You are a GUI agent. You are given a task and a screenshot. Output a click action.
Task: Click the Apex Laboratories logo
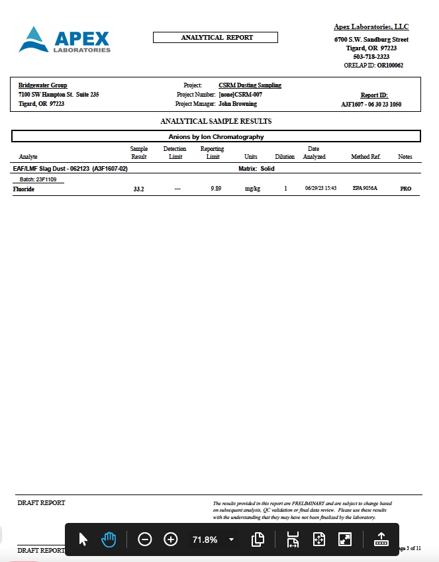coord(65,40)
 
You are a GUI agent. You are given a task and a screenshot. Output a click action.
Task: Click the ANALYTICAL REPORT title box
coord(217,37)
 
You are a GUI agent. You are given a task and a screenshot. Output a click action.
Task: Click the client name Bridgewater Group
coord(42,85)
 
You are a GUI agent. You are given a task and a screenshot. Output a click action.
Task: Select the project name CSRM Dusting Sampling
coord(250,85)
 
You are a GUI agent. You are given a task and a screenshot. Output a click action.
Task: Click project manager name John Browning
coord(238,104)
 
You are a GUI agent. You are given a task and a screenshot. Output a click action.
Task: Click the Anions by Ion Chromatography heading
coord(217,136)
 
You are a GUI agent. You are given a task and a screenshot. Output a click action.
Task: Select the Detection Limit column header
coord(175,153)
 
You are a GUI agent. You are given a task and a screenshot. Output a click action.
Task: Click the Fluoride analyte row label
coord(24,189)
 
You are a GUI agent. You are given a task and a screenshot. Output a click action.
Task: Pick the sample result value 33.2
coord(139,189)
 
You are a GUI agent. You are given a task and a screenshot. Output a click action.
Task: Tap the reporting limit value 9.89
coord(215,189)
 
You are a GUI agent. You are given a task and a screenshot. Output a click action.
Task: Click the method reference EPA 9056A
coord(365,189)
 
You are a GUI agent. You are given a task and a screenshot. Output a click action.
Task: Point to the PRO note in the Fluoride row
coord(405,189)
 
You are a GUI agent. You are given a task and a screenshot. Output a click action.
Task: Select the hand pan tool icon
coord(109,539)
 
